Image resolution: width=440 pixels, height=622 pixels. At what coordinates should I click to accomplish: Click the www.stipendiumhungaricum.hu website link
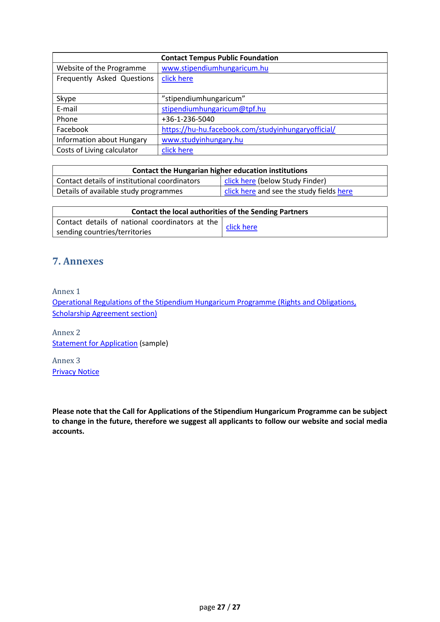coord(215,68)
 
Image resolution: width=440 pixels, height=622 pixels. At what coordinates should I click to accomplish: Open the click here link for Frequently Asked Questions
coord(177,78)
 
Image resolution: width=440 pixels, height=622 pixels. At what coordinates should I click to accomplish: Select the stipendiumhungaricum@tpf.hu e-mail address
coord(213,109)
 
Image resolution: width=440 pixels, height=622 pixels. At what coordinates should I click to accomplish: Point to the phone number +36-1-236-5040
coord(188,119)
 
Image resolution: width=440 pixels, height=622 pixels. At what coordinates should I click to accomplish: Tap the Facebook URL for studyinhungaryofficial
coord(248,129)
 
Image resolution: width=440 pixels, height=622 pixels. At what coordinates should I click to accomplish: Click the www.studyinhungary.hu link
coord(202,140)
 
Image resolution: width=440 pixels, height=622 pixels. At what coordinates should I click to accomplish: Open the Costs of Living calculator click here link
coord(177,150)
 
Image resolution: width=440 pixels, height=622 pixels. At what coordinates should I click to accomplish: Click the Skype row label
coord(66,99)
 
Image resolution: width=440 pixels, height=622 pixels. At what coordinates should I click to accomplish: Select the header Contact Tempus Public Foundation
coord(219,58)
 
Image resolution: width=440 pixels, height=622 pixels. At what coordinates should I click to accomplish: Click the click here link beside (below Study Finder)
coord(240,181)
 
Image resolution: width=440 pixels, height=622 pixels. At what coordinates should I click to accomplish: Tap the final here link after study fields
coord(345,191)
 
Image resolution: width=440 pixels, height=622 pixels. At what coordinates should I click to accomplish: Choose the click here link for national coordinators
coord(241,227)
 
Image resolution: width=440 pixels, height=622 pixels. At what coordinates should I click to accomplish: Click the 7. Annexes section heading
coord(78,261)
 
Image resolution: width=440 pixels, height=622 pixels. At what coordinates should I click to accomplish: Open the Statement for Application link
coord(95,343)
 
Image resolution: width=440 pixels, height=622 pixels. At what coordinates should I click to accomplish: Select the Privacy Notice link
coord(76,372)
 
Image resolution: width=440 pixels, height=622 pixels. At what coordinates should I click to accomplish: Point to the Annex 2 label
coord(66,333)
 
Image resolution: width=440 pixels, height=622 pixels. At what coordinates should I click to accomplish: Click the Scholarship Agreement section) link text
coord(105,313)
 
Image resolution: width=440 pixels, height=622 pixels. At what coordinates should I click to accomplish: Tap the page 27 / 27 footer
coord(220,607)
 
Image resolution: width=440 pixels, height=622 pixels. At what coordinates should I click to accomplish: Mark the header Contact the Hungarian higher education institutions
coord(219,171)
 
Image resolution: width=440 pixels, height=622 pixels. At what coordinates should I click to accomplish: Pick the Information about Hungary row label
coord(102,140)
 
